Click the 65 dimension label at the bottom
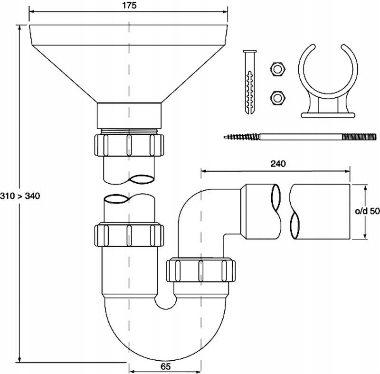pos(166,366)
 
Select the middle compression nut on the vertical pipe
pos(129,234)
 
